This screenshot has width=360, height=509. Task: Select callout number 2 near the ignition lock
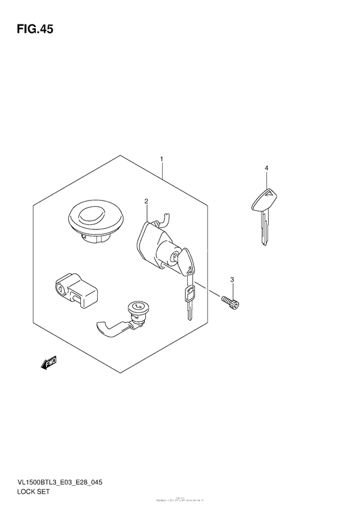pos(147,202)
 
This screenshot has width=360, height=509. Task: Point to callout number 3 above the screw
pos(233,278)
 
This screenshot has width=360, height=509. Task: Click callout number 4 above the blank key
pos(265,168)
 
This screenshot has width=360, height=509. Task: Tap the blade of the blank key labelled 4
pos(264,231)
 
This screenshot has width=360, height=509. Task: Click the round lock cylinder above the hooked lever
pos(137,310)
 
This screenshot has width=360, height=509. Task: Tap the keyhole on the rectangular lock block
pos(60,290)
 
